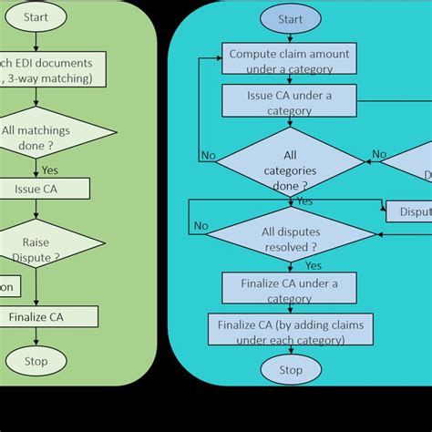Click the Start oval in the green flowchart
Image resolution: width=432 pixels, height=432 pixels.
tap(35, 15)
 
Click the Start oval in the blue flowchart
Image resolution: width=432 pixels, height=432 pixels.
tap(290, 19)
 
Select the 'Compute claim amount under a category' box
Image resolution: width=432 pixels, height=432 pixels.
tap(290, 59)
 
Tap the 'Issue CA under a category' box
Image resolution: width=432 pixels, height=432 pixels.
tap(290, 101)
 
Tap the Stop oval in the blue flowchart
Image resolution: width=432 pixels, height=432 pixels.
tap(290, 370)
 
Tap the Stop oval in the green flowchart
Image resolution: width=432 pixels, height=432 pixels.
tap(35, 362)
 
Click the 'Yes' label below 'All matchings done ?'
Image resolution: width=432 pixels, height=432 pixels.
tap(52, 169)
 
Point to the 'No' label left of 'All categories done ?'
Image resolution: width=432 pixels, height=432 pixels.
tap(209, 156)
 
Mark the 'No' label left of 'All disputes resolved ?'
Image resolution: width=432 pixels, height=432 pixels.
tap(201, 226)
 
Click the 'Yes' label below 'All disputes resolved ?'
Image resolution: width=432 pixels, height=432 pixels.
tap(314, 265)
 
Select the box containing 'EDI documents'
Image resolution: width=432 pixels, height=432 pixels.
tap(49, 69)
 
